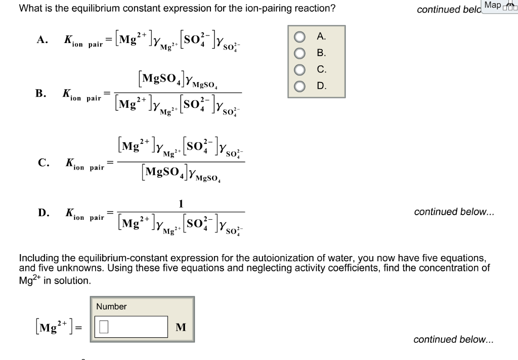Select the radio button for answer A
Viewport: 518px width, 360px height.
coord(300,37)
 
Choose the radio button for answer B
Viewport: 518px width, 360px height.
coord(300,53)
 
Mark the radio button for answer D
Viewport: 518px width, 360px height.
coord(300,87)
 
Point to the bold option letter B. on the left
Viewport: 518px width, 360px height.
coord(41,93)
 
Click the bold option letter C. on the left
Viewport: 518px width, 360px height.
coord(44,163)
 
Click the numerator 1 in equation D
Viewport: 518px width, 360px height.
coord(181,204)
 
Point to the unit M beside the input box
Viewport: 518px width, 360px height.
coord(180,328)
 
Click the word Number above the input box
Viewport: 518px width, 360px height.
coord(111,306)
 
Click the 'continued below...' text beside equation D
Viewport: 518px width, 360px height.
coord(454,212)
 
